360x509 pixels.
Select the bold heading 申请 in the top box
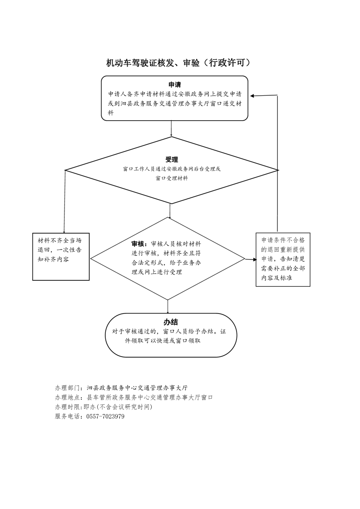pyautogui.click(x=174, y=85)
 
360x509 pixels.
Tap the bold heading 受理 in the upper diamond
pyautogui.click(x=172, y=160)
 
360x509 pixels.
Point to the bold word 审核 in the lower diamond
pyautogui.click(x=138, y=244)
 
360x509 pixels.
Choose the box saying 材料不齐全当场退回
pyautogui.click(x=61, y=256)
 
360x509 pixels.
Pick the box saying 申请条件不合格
pyautogui.click(x=283, y=259)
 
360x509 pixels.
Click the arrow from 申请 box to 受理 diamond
pyautogui.click(x=171, y=128)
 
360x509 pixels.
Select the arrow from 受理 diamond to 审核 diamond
pyautogui.click(x=170, y=210)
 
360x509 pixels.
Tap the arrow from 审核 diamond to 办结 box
pyautogui.click(x=168, y=306)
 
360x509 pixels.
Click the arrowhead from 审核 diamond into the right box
pyautogui.click(x=254, y=259)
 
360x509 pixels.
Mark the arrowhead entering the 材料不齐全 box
pyautogui.click(x=64, y=231)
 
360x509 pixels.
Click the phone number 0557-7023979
pyautogui.click(x=105, y=416)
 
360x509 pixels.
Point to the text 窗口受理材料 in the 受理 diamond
pyautogui.click(x=172, y=178)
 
